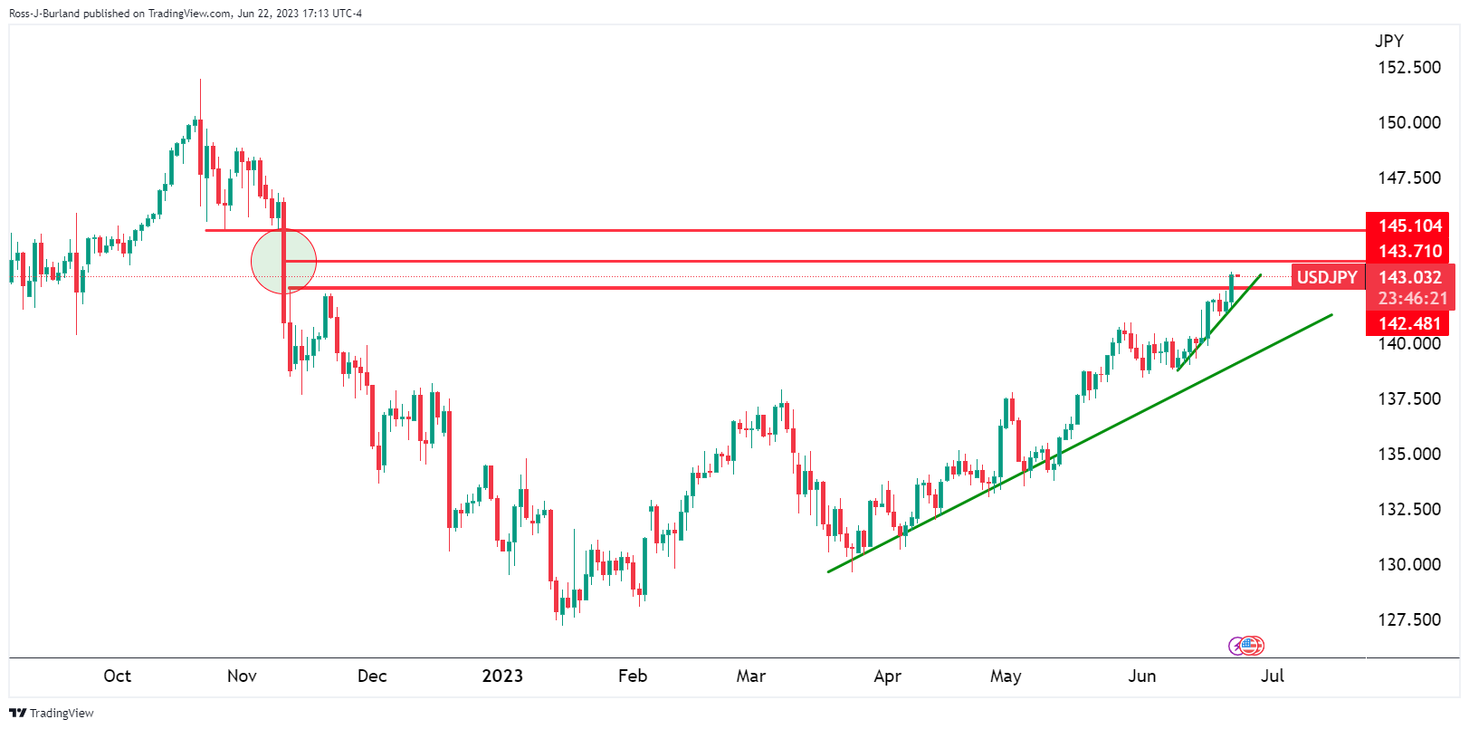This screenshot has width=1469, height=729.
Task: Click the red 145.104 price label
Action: (1409, 225)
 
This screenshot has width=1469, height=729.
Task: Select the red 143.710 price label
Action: (1409, 251)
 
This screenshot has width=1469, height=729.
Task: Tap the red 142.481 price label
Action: (1409, 323)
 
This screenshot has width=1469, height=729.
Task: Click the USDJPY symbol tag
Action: (1327, 277)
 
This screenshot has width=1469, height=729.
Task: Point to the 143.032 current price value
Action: (1409, 277)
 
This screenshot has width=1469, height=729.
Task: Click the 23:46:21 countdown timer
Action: (1412, 298)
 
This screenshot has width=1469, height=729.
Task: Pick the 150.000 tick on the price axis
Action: (1409, 122)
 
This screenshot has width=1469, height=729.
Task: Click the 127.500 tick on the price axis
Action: (1409, 619)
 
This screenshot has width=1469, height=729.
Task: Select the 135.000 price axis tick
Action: (1409, 454)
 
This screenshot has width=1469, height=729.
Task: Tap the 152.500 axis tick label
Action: (1409, 67)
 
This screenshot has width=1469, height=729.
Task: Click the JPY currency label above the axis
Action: (1389, 41)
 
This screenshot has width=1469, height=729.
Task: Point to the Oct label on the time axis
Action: (117, 676)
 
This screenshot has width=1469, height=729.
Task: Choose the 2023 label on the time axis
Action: (502, 676)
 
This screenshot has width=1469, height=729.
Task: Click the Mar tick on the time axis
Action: (750, 676)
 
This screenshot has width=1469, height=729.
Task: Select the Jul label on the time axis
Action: (1273, 676)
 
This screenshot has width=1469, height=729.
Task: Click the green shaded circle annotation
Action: (283, 261)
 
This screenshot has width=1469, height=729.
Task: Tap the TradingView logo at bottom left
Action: (52, 713)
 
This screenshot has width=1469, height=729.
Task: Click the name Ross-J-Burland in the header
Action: (44, 14)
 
